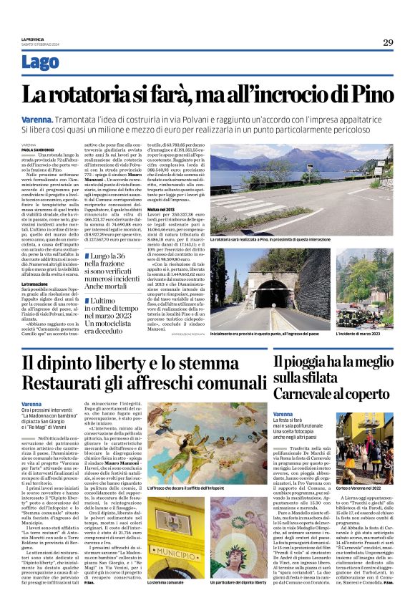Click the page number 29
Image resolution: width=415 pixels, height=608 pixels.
[x=388, y=43]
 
